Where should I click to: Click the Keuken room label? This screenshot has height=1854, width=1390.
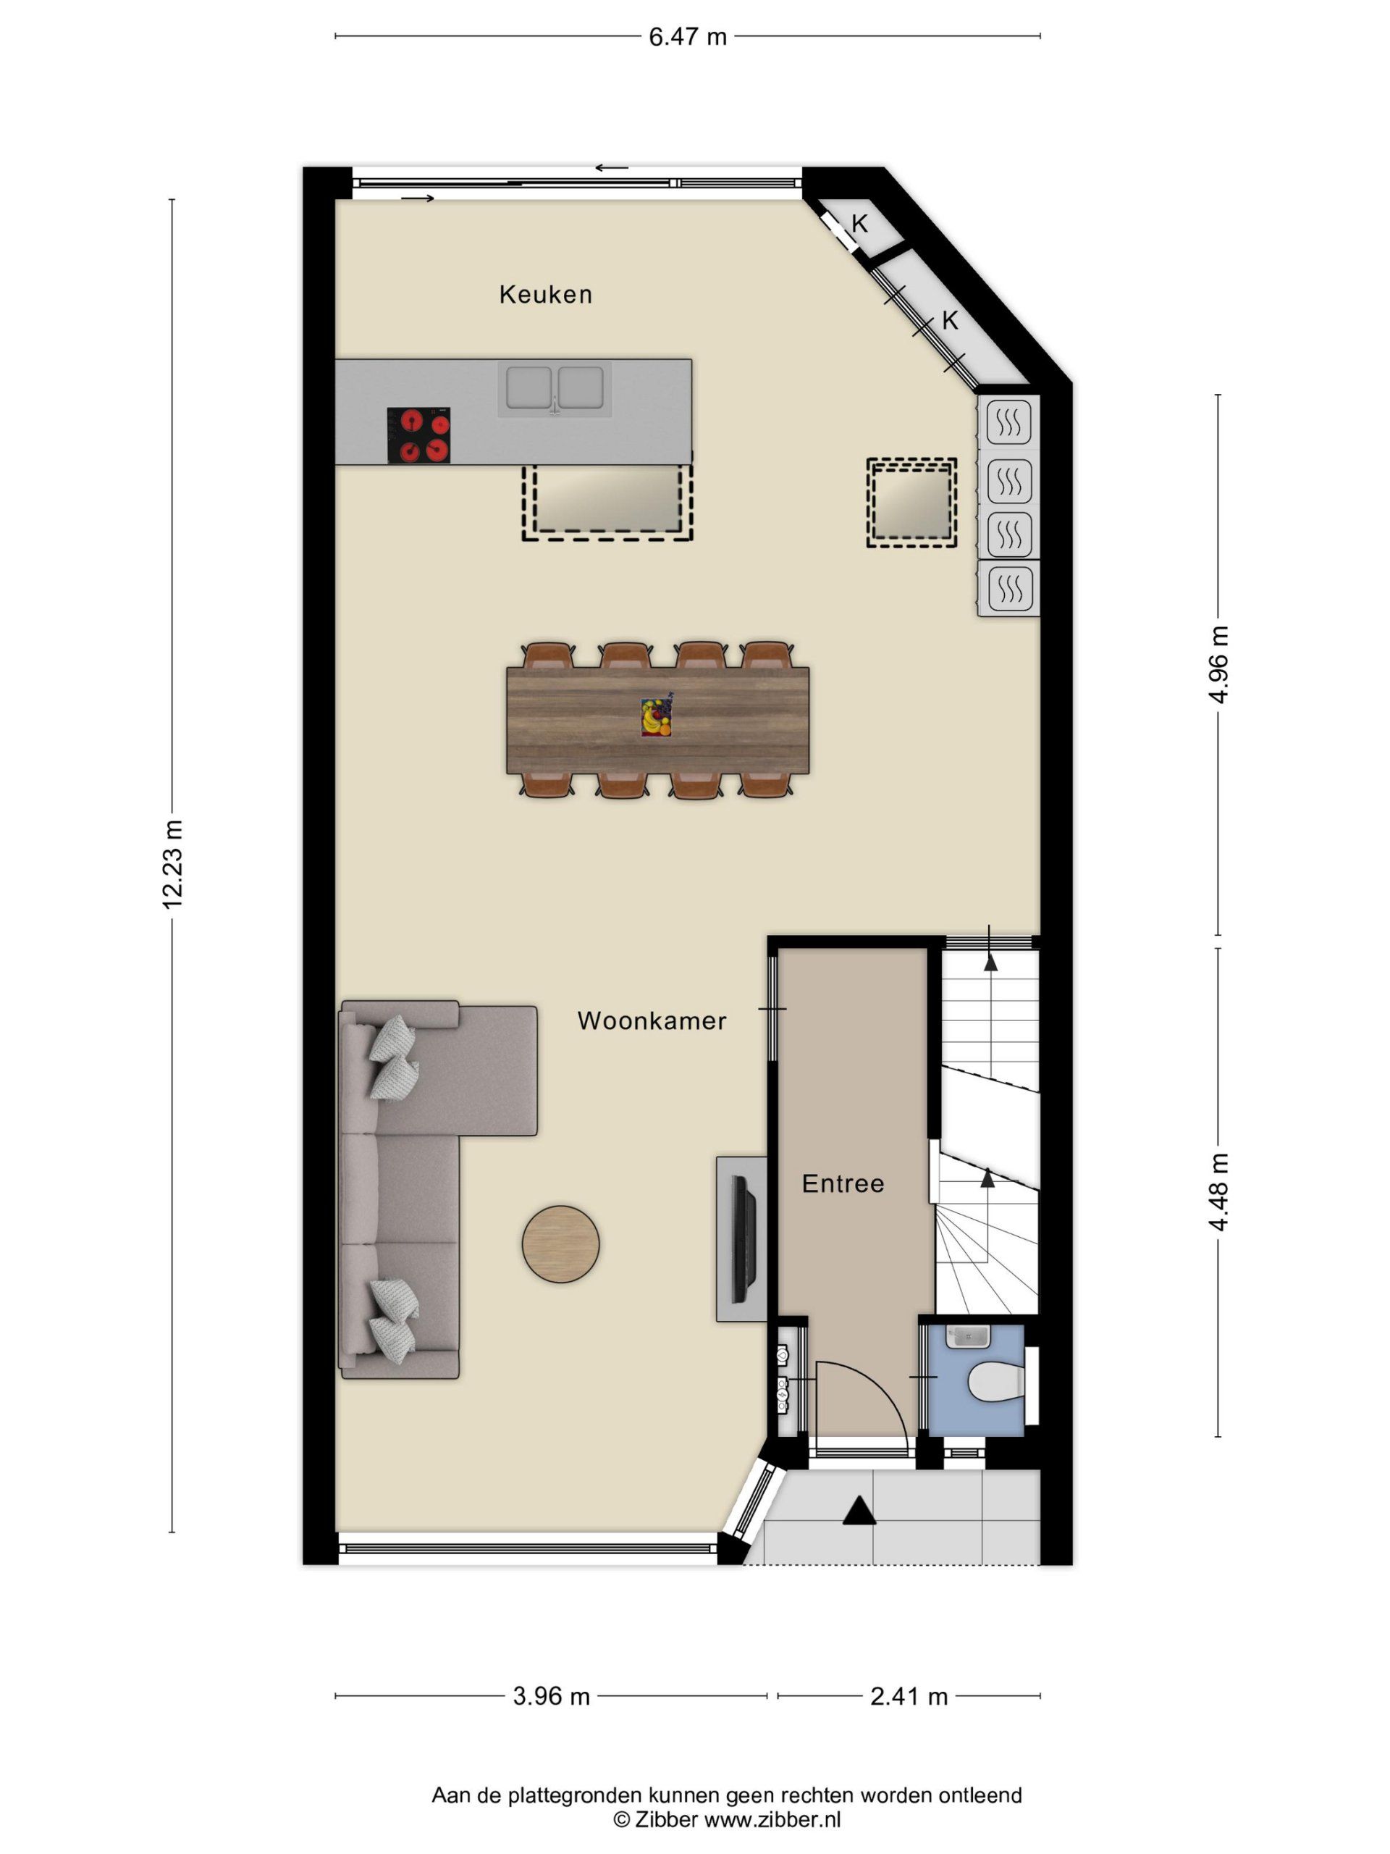tap(545, 294)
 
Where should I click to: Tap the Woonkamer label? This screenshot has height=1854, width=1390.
tap(652, 1021)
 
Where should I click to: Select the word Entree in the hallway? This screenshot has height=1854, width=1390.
tap(843, 1183)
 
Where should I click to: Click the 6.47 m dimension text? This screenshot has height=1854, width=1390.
tap(688, 37)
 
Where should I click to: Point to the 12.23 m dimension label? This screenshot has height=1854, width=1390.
tap(172, 864)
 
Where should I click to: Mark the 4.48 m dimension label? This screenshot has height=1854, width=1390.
tap(1219, 1191)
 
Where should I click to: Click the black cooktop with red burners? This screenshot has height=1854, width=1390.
tap(419, 435)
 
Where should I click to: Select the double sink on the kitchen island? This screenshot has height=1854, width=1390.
tap(555, 389)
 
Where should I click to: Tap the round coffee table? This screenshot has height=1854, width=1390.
tap(560, 1243)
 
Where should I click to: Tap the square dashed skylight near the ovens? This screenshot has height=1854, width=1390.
tap(911, 503)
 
